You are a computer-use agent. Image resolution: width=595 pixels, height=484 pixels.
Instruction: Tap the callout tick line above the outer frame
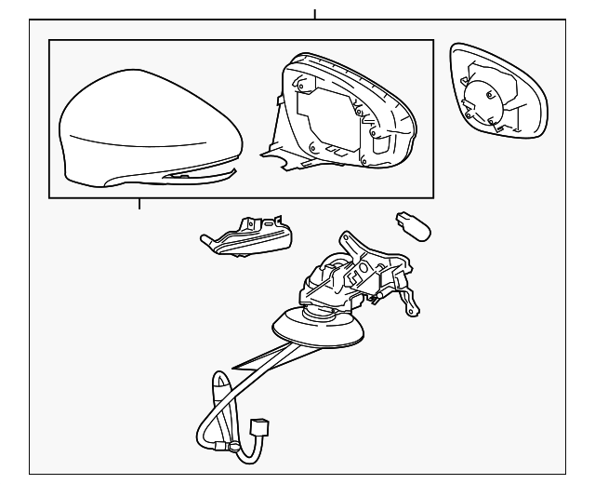(315, 13)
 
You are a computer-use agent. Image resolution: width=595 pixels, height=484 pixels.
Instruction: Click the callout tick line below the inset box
(139, 204)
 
